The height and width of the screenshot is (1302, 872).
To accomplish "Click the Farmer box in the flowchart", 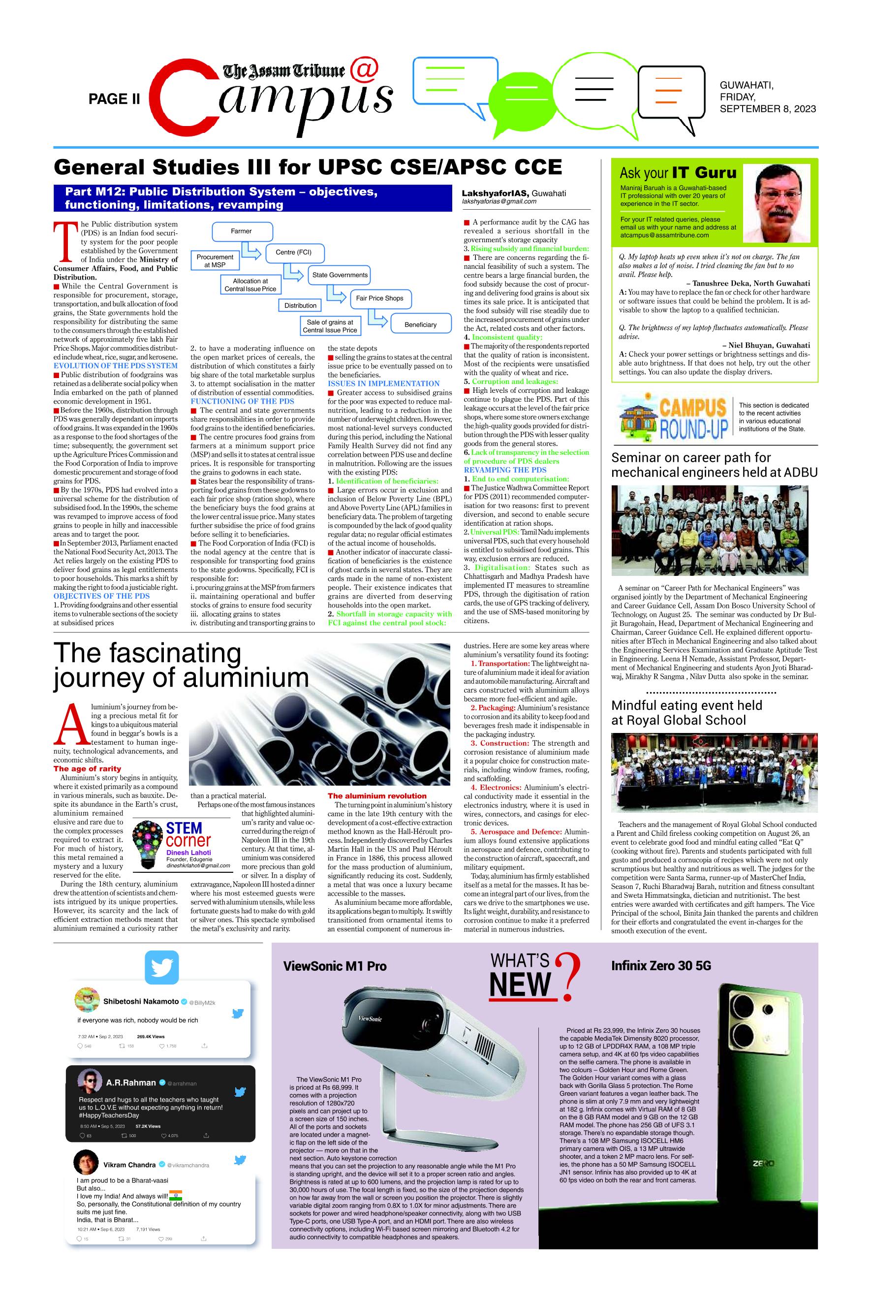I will tap(241, 231).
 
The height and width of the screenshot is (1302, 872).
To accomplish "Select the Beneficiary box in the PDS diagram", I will tap(420, 324).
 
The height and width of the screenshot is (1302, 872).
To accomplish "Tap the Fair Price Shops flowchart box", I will tap(379, 298).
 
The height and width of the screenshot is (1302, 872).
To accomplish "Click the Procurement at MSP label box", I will tap(215, 261).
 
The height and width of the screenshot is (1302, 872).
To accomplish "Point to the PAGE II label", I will tap(114, 99).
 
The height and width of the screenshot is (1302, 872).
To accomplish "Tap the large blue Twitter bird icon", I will tap(161, 968).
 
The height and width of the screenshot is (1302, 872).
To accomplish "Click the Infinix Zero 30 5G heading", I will tap(661, 965).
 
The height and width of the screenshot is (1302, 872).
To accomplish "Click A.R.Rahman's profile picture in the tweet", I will tap(90, 1082).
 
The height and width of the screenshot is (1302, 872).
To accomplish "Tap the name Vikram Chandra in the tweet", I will tap(129, 1165).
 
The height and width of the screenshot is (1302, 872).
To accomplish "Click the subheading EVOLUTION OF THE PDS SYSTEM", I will tap(115, 365).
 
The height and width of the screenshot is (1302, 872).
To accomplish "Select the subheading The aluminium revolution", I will tap(376, 796).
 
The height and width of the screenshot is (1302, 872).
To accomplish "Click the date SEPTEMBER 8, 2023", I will tap(768, 109).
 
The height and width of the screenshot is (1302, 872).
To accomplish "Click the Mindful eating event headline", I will tap(686, 712).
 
